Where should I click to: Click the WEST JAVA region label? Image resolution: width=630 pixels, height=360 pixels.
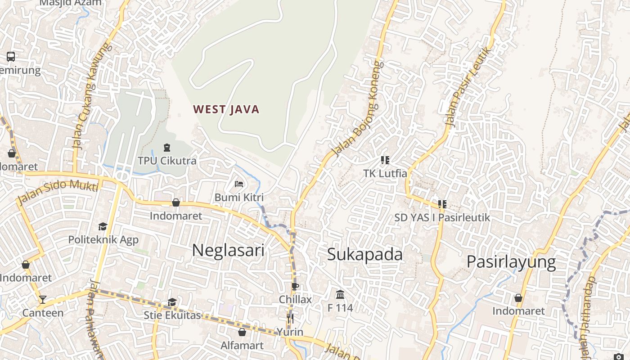226,109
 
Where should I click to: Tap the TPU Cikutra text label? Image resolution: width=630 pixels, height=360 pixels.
167,161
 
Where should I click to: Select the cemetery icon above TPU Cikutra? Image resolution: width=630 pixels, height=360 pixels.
167,147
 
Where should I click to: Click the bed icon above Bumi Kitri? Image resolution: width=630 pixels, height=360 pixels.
239,184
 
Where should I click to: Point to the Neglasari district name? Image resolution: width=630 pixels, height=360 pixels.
228,250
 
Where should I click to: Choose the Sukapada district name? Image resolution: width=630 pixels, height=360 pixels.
365,254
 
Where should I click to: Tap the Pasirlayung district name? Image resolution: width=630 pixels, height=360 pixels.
511,261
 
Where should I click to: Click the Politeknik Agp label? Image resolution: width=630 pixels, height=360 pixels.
103,239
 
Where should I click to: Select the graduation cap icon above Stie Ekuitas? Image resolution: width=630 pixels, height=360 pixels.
172,302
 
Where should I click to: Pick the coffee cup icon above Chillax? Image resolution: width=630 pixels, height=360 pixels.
295,286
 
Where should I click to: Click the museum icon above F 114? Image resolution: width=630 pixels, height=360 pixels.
340,295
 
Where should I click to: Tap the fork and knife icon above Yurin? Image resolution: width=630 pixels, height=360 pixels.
290,319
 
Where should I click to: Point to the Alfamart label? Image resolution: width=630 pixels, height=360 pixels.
242,346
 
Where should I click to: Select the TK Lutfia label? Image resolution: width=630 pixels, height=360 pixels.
385,173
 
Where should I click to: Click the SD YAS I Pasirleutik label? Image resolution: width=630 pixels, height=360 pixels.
442,217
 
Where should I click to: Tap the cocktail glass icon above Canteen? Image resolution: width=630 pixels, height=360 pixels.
42,299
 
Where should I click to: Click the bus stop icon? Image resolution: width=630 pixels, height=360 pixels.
11,57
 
